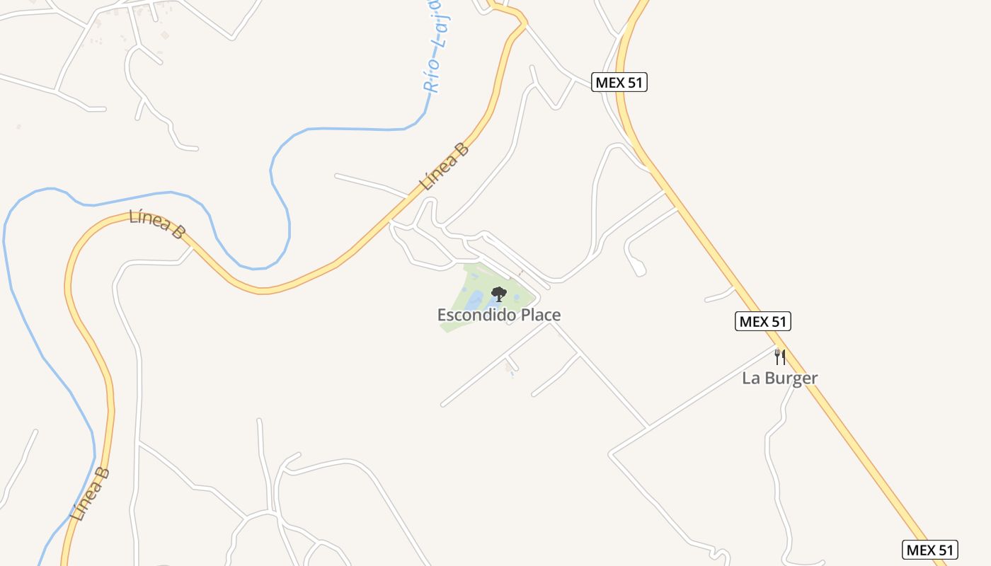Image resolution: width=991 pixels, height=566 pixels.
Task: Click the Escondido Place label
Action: tap(499, 315)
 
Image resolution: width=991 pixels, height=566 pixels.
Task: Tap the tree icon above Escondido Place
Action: tap(499, 294)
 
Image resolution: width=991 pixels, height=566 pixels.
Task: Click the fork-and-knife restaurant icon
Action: tap(779, 357)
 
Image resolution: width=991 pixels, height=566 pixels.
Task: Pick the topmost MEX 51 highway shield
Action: tap(619, 82)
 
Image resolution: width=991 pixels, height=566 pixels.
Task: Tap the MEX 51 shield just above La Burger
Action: tap(762, 321)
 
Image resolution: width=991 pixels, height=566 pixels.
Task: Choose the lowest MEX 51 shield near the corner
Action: tap(930, 550)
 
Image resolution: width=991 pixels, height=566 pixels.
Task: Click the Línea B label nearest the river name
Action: tap(444, 167)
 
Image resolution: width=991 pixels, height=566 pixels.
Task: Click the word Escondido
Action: tap(476, 315)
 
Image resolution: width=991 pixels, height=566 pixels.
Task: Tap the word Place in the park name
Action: tap(541, 315)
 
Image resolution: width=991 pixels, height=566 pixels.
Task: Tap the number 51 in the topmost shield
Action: tap(634, 82)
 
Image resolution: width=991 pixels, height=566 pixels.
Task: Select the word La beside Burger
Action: tap(750, 378)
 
